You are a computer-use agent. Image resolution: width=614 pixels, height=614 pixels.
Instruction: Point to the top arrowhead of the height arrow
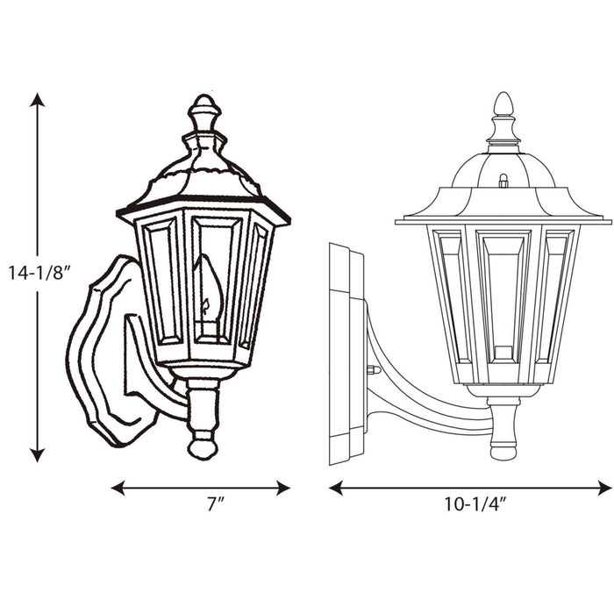[37, 99]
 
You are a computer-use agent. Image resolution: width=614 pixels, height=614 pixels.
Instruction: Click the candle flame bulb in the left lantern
[208, 285]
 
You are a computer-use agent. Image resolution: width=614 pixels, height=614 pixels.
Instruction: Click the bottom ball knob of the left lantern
[203, 447]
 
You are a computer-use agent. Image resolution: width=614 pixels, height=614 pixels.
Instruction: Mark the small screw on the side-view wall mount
[373, 369]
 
